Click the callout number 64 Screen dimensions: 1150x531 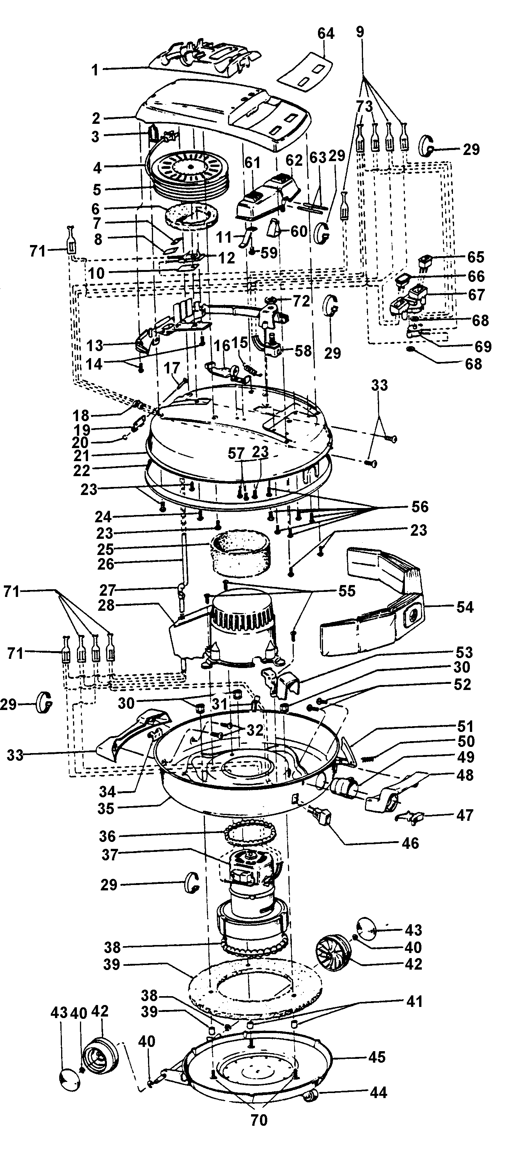coord(326,33)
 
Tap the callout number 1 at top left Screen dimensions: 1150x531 coord(95,70)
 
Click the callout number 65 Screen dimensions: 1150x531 coord(475,257)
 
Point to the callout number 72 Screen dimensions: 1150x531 coord(301,301)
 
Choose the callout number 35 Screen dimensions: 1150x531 coord(106,808)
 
